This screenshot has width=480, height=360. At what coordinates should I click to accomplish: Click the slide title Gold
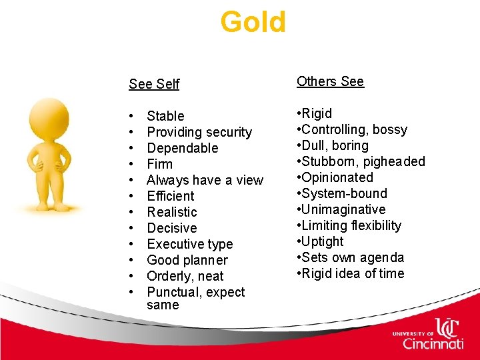tap(253, 21)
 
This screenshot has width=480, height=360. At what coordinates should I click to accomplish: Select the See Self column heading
tap(154, 84)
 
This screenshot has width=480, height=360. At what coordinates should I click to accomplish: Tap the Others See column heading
tap(330, 81)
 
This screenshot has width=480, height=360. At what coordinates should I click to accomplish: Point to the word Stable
tap(165, 116)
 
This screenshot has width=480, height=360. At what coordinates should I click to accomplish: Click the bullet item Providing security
tap(199, 132)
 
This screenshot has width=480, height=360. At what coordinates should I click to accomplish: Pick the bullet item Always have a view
tap(205, 180)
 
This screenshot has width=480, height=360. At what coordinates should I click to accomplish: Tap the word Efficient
tap(171, 196)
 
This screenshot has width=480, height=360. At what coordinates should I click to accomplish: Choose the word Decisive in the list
tap(171, 228)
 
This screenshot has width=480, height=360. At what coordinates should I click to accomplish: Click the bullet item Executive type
tap(189, 244)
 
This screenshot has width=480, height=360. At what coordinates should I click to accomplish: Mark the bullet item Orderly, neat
tap(185, 276)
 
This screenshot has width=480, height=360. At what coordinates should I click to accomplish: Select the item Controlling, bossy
tap(354, 129)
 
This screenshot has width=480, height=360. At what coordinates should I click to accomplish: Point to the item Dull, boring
tap(335, 145)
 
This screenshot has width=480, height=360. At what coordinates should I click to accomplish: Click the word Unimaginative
tap(343, 209)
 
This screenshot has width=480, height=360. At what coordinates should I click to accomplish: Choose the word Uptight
tap(323, 241)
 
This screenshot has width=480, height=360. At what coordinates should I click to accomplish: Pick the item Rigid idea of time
tap(353, 273)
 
